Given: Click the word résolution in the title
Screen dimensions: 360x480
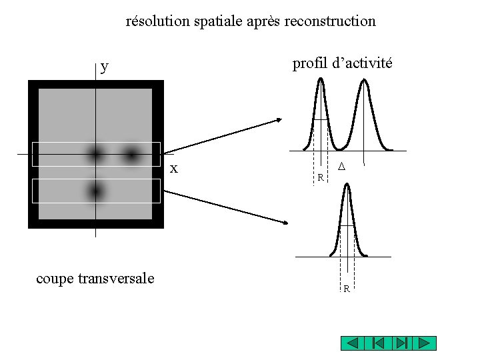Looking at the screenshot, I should (158, 21).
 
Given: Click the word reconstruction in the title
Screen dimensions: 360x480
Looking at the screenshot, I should (330, 21).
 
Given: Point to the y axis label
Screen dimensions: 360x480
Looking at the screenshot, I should (105, 66).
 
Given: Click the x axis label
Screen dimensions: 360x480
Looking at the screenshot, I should (174, 168).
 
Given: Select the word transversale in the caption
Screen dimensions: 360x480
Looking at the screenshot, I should (116, 278).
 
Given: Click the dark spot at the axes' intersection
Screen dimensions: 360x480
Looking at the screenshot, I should (96, 155).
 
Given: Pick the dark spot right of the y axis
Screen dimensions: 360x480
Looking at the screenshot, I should (131, 155).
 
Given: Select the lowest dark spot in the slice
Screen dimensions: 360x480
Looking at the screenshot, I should (96, 191).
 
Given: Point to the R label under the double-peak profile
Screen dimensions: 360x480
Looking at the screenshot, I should (321, 178).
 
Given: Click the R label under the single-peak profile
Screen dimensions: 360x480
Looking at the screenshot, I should (347, 289).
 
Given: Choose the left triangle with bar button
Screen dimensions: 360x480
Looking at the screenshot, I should (377, 343).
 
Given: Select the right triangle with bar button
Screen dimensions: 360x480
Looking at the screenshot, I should (401, 343).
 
